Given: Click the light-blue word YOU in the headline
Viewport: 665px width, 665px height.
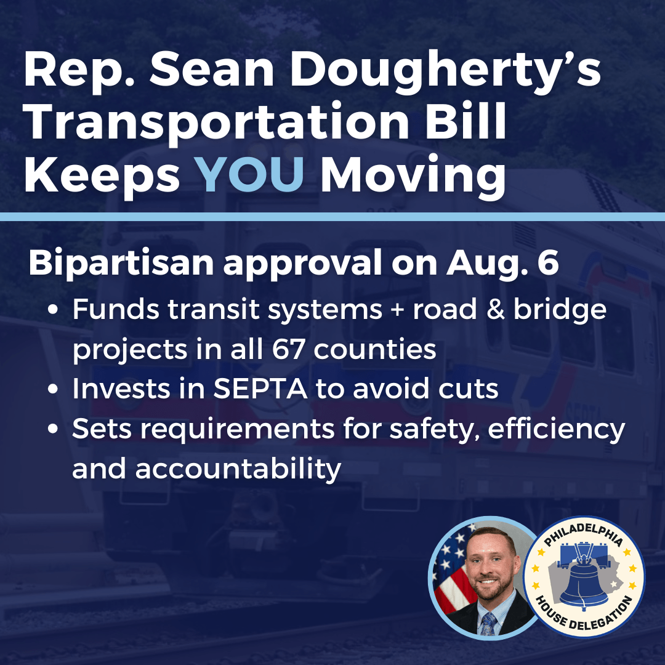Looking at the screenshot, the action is click(251, 174).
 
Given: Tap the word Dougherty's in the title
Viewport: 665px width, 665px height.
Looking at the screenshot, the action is click(445, 70).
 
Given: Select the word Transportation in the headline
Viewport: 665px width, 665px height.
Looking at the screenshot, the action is click(217, 123).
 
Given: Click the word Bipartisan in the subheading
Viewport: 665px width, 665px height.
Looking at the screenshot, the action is click(121, 263).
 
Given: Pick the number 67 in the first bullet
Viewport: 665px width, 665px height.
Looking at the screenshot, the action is click(288, 349).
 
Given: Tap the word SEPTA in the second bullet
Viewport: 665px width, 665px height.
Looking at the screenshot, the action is click(260, 388).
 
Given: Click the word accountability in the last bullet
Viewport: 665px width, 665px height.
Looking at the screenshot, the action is click(238, 469).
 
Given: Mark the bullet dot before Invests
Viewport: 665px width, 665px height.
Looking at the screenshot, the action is click(53, 389).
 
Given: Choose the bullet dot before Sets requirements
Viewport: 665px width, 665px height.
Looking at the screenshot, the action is click(53, 429).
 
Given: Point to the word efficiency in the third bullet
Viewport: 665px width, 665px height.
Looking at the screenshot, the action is click(557, 429).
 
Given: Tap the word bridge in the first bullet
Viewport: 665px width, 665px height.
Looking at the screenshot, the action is click(560, 310).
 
